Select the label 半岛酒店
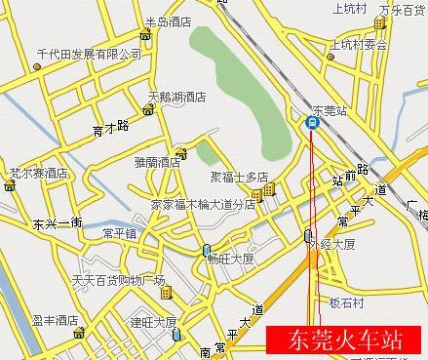[x=167, y=21]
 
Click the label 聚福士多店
[x=238, y=178]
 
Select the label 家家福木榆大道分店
[x=202, y=205]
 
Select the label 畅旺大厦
[x=231, y=259]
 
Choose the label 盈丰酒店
[x=54, y=320]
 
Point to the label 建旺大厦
[x=153, y=321]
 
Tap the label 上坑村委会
[x=359, y=44]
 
